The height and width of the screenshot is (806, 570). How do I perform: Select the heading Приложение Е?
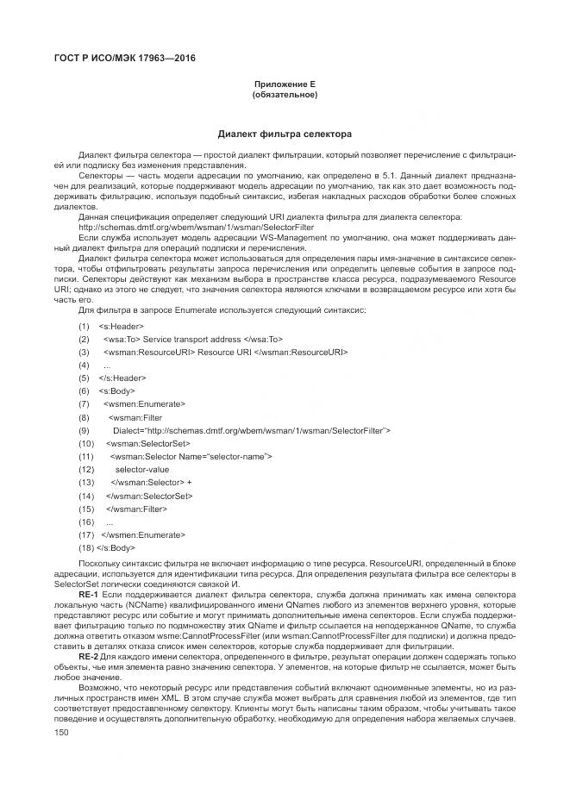click(285, 84)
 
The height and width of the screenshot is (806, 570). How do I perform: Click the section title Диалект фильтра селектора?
click(285, 134)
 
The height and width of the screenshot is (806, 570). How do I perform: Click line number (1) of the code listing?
click(84, 327)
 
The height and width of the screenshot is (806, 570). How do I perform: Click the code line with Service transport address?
click(192, 340)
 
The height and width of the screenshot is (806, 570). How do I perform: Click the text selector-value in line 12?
click(148, 469)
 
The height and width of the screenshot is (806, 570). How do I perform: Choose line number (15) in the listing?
click(85, 509)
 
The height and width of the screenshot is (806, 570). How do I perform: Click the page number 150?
click(61, 732)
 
